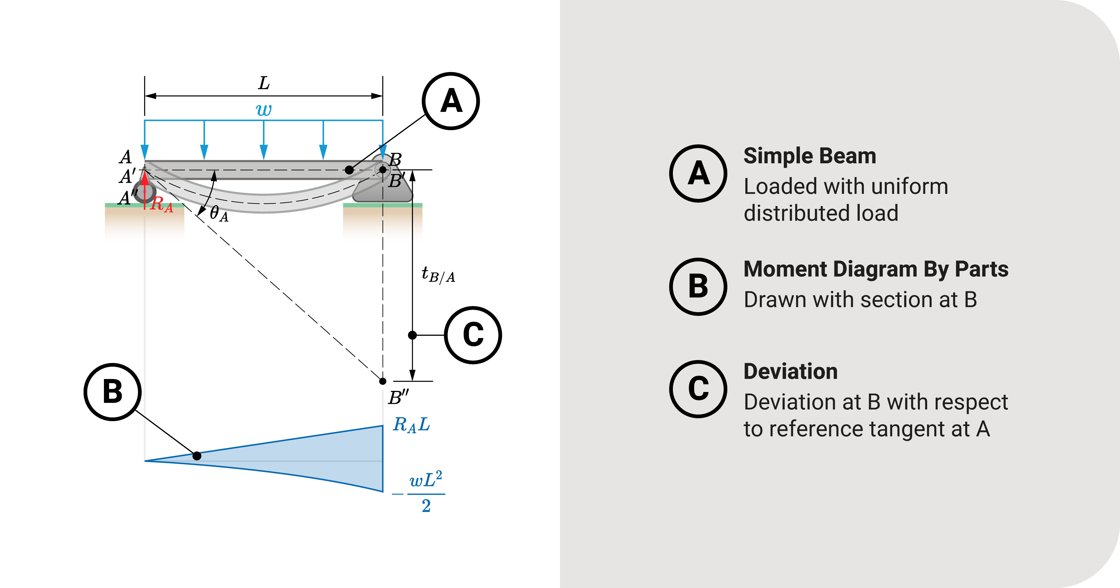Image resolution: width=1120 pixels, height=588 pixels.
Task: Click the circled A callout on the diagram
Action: pos(451,101)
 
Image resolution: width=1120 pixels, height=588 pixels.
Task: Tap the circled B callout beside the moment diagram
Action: pos(113,392)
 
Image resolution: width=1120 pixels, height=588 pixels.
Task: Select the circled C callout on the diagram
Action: pos(473,335)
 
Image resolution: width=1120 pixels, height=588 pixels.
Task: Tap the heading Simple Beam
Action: pos(810,156)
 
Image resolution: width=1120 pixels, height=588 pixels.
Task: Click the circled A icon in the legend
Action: pos(698,173)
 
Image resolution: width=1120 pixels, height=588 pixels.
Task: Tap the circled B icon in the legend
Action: pos(698,286)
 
